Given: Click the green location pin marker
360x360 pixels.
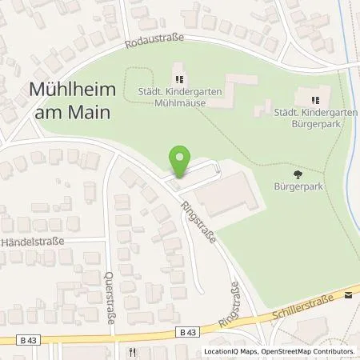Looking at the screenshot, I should point(181,161).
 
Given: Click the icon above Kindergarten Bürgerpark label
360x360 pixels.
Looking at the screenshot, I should point(314,100).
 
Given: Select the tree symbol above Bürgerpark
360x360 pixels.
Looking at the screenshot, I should point(298,174).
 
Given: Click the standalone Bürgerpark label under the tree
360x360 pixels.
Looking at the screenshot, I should point(299,188).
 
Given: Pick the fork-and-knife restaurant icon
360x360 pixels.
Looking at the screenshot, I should point(131,351).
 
